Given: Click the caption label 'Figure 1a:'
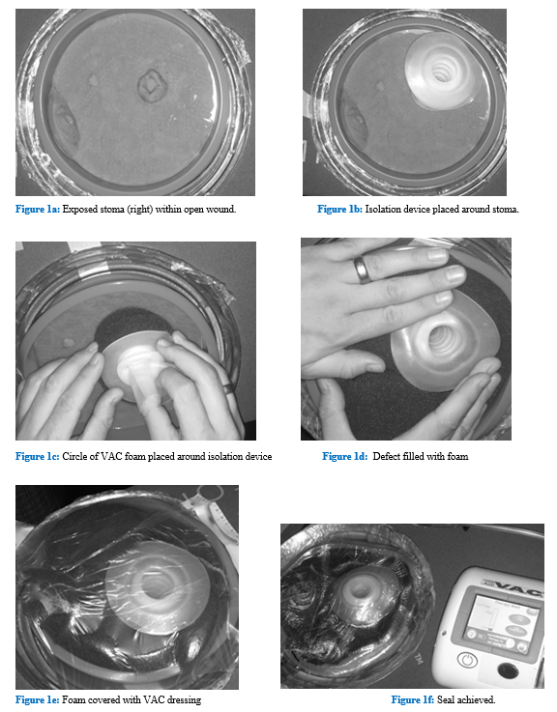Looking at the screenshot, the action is tap(38, 209).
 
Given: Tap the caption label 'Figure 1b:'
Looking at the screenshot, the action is tap(339, 209).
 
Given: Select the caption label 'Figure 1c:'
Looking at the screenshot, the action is tap(38, 456).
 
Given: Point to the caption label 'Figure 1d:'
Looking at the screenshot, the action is tap(345, 456).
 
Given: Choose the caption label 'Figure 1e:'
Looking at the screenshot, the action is tap(38, 699).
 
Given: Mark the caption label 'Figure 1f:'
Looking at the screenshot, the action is tap(412, 699).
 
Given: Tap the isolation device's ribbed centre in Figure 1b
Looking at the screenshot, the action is tap(441, 71).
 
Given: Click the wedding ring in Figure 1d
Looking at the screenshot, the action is tap(361, 270).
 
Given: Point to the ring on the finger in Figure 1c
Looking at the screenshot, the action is tap(229, 388).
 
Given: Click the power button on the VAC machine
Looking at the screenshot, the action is tap(467, 659).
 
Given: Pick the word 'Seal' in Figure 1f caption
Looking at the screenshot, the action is tap(446, 699).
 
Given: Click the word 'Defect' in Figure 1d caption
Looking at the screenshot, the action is tap(387, 456).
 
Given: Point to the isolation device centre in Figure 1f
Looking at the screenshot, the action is tap(360, 591).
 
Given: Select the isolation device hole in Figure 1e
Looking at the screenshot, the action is tap(155, 585).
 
